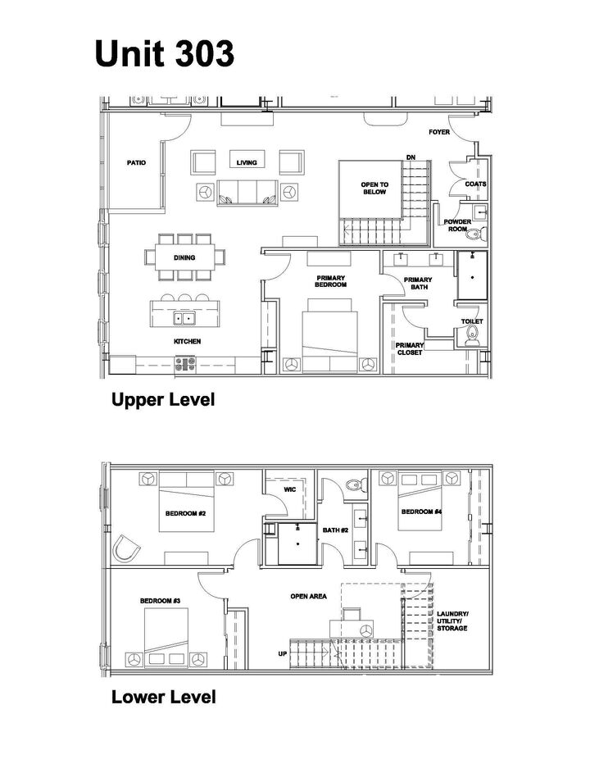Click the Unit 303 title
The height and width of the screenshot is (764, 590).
[x=165, y=53]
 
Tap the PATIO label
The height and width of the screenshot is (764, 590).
[x=136, y=163]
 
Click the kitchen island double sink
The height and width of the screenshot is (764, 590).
[x=184, y=319]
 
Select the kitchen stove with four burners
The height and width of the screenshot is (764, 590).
[x=185, y=365]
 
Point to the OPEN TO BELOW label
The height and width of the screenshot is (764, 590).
[x=374, y=188]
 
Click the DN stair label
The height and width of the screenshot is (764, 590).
[x=411, y=157]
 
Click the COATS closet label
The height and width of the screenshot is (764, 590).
[x=475, y=184]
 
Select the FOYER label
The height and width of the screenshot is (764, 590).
[x=439, y=132]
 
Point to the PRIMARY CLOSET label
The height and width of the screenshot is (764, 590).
[x=409, y=349]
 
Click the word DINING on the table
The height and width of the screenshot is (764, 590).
[x=184, y=257]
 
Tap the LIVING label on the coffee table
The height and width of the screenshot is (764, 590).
[x=247, y=163]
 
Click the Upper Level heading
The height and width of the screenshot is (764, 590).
[x=163, y=399]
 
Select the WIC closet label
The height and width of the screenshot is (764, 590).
[x=289, y=489]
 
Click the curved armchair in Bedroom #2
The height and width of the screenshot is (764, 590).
[x=125, y=548]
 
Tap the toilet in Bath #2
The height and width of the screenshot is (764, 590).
[x=356, y=485]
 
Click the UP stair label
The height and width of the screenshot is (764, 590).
[x=283, y=653]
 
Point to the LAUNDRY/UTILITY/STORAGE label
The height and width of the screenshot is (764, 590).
[x=452, y=621]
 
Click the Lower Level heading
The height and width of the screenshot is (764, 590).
[x=164, y=697]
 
